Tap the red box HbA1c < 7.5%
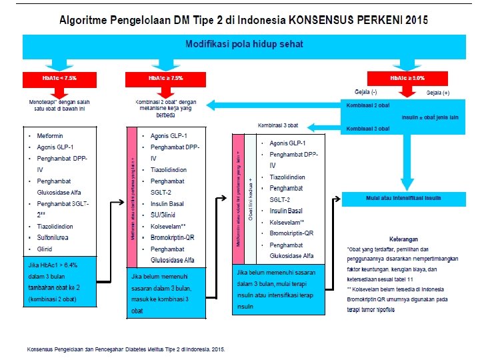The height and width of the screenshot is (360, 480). point(59,78)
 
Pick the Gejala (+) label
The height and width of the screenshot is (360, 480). point(438,92)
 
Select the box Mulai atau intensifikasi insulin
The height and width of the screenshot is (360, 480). point(394,198)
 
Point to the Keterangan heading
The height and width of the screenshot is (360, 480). point(403,239)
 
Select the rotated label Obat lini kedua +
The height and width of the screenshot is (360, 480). point(251,199)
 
